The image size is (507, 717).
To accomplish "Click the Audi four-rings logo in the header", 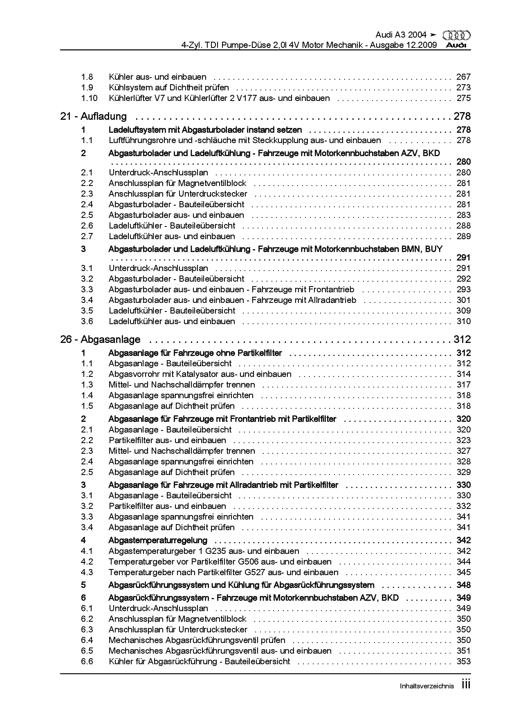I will (x=456, y=36).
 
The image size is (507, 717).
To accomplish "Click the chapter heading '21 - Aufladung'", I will (x=93, y=117).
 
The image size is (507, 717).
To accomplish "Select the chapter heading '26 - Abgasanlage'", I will (x=100, y=340).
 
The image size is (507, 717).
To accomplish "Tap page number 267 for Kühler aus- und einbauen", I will (x=464, y=77).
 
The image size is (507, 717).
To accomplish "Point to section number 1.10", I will (x=89, y=98).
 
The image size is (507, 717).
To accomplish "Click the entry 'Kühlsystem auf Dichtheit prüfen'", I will (x=169, y=87).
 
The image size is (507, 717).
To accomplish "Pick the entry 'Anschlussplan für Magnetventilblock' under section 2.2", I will (x=177, y=183).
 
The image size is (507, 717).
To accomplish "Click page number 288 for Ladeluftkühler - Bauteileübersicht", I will (x=464, y=226).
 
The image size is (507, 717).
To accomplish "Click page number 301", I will (x=464, y=300).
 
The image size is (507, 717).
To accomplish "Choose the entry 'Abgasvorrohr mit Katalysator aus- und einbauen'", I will (x=200, y=374).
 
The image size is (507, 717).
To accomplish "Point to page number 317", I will (x=464, y=385).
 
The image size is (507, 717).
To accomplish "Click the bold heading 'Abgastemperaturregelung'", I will (x=158, y=540).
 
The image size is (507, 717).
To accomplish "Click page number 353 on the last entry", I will (x=464, y=661).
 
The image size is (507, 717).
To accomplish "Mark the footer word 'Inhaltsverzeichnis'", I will (x=426, y=686).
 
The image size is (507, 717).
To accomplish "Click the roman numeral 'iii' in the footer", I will (x=466, y=684).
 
